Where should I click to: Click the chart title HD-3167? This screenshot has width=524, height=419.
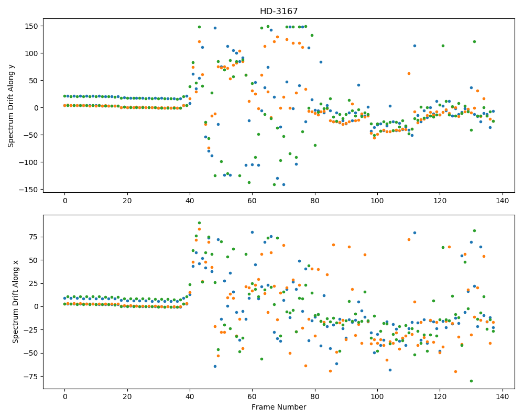pos(279,12)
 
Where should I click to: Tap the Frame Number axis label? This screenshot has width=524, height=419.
pos(279,407)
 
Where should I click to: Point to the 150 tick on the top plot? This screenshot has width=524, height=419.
pos(32,26)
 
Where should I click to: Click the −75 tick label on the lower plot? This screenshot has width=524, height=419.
pos(32,377)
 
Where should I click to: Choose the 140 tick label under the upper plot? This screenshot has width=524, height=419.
pos(503,201)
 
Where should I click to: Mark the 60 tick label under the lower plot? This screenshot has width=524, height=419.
pos(252,396)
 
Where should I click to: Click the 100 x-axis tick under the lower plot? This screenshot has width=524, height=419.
pos(377,396)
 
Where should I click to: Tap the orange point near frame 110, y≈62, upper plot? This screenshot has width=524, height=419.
pos(409,73)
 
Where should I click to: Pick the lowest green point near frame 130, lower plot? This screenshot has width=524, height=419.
pos(471,381)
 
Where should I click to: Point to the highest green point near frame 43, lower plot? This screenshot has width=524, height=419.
pos(199,223)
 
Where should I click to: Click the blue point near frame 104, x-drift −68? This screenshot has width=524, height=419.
pos(390,370)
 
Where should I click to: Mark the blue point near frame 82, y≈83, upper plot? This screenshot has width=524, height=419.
pos(321,62)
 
